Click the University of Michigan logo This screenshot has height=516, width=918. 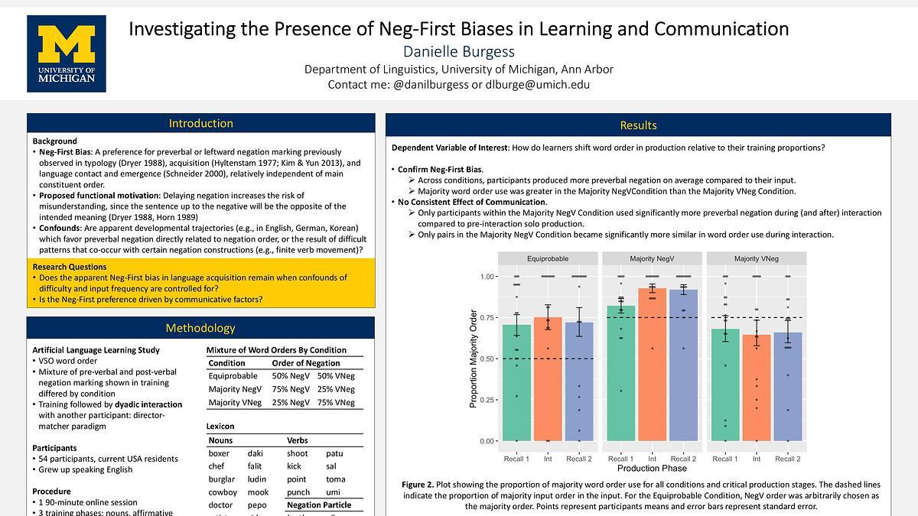tap(66, 54)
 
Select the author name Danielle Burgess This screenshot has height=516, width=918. tap(460, 51)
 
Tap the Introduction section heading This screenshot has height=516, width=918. tap(201, 123)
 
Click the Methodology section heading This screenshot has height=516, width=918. tap(201, 328)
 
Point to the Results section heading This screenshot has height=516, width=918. tap(638, 125)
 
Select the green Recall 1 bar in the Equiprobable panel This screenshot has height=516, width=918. tap(517, 382)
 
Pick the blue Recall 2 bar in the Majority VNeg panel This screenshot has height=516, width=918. tap(787, 386)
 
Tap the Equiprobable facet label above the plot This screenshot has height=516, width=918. tap(548, 258)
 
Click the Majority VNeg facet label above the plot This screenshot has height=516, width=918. tap(756, 258)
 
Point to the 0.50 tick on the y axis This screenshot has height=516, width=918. tap(487, 359)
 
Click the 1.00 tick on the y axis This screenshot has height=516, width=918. tap(487, 276)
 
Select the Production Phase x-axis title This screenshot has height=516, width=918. tap(652, 468)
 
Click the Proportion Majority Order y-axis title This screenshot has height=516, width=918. tap(474, 359)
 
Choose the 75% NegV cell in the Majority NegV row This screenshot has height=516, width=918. tap(291, 389)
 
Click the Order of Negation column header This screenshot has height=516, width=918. tap(305, 363)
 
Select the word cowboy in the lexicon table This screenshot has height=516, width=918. tap(223, 492)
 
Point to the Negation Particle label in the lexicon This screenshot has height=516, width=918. tap(319, 505)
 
